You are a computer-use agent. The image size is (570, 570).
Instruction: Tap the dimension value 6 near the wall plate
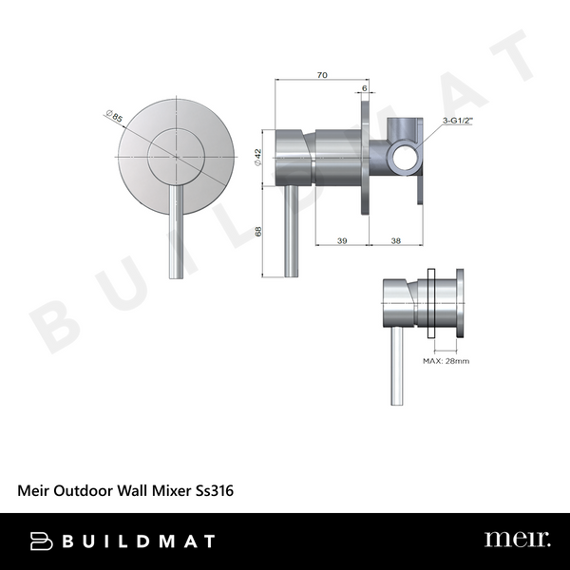[x=365, y=87]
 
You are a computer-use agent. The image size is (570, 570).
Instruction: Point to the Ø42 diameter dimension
[x=258, y=158]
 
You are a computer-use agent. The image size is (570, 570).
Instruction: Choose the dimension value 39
[x=340, y=241]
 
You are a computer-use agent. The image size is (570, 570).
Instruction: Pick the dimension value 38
[x=395, y=241]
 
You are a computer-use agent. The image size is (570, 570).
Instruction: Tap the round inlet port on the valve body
[x=399, y=154]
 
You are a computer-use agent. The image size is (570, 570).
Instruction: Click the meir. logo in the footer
[x=516, y=540]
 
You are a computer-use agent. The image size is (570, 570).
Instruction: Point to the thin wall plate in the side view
[x=365, y=157]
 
